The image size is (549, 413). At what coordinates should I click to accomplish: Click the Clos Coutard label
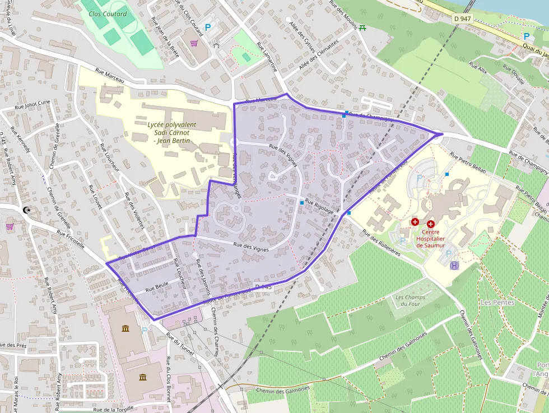click(108, 13)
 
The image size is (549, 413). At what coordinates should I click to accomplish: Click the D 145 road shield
click(263, 287)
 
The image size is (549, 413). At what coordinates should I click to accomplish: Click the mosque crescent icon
click(26, 210)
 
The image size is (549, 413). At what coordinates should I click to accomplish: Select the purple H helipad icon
click(454, 265)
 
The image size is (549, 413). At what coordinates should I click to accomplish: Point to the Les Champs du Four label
click(410, 300)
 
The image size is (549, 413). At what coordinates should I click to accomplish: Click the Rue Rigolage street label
click(319, 208)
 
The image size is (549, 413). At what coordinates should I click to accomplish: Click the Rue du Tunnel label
click(180, 343)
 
